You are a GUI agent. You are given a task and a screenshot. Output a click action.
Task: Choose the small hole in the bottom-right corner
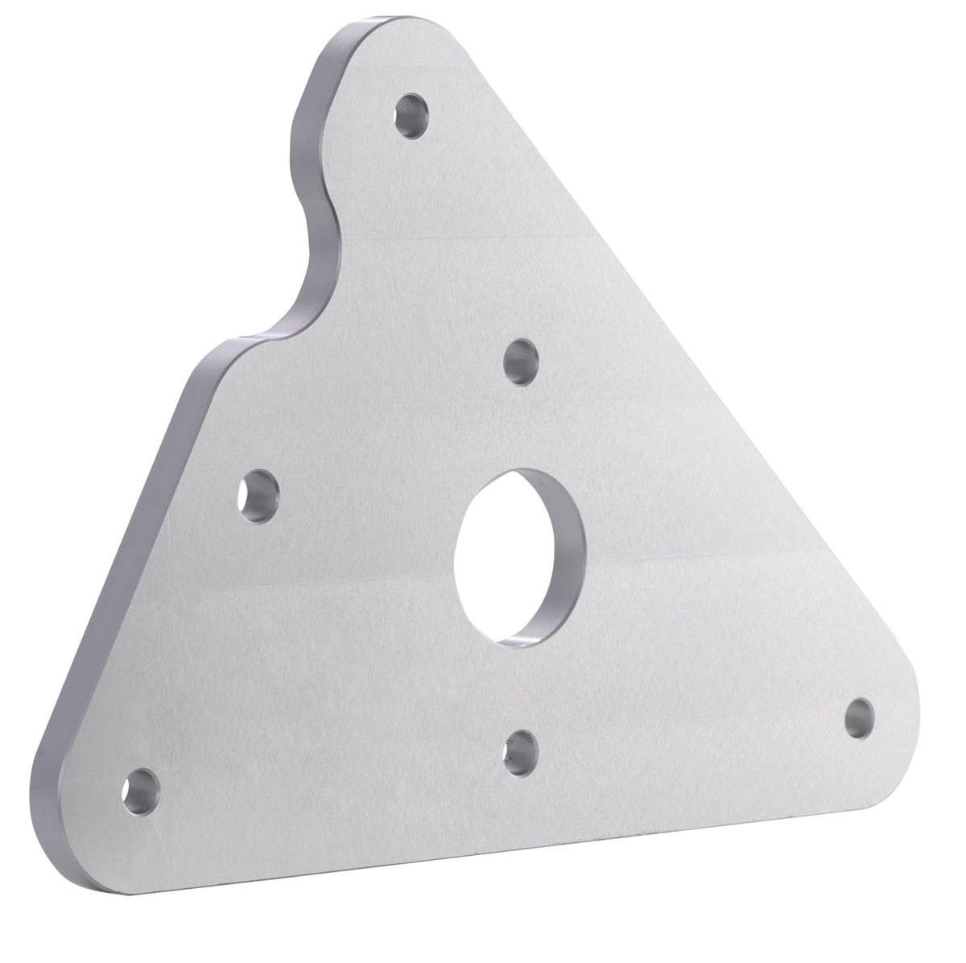[860, 715]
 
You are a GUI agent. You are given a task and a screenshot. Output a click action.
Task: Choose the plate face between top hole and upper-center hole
[467, 242]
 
